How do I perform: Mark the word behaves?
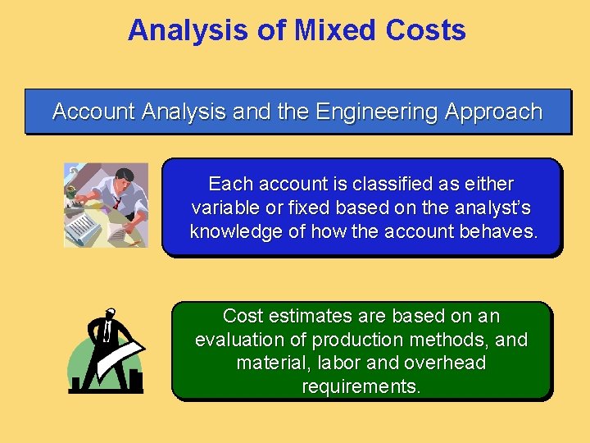click(503, 231)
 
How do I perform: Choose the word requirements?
click(361, 386)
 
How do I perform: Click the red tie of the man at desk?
click(118, 199)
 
